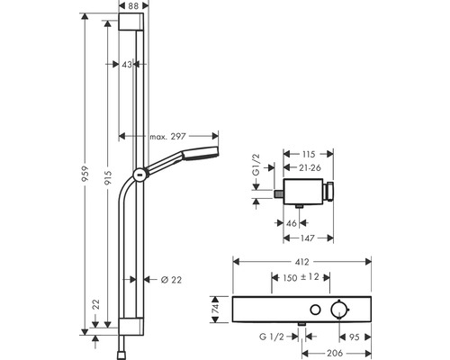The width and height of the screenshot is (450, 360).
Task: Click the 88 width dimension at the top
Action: tap(132, 7)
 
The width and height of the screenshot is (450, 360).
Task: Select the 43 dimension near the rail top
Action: tap(128, 64)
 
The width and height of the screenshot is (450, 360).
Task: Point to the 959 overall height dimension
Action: tap(85, 172)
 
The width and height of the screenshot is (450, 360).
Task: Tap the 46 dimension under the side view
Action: tap(292, 221)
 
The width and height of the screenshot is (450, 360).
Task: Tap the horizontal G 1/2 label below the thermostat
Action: tap(274, 339)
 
